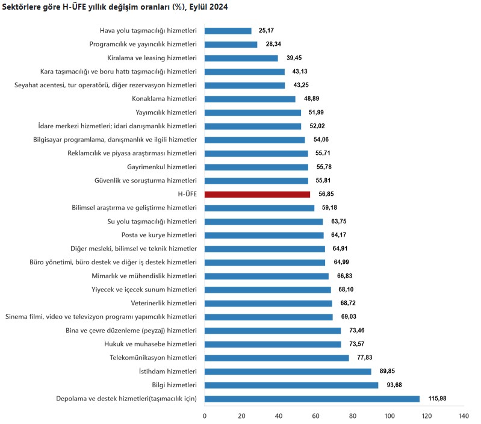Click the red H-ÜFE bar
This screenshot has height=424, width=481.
pyautogui.click(x=257, y=195)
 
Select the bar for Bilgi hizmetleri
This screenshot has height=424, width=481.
pyautogui.click(x=291, y=385)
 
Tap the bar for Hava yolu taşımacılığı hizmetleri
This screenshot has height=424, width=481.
pyautogui.click(x=228, y=31)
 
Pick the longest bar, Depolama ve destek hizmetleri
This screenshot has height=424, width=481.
pyautogui.click(x=312, y=399)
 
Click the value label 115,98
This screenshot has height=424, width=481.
pyautogui.click(x=438, y=399)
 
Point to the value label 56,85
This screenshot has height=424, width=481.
pyautogui.click(x=327, y=195)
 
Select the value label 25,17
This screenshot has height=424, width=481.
pyautogui.click(x=267, y=31)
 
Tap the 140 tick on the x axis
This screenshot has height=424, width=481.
pyautogui.click(x=464, y=416)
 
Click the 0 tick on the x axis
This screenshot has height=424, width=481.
pyautogui.click(x=205, y=416)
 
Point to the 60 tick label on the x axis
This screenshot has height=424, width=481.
pyautogui.click(x=315, y=416)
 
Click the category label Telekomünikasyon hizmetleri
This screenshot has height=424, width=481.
pyautogui.click(x=153, y=358)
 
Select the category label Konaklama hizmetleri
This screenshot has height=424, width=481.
pyautogui.click(x=164, y=99)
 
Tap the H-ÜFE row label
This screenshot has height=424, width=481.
pyautogui.click(x=187, y=195)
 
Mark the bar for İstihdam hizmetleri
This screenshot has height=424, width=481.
pyautogui.click(x=288, y=372)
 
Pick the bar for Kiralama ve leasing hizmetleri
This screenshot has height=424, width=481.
pyautogui.click(x=241, y=58)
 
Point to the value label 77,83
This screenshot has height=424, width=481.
pyautogui.click(x=365, y=358)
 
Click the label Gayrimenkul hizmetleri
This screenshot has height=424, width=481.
pyautogui.click(x=162, y=167)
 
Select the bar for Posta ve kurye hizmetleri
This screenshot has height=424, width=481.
pyautogui.click(x=264, y=235)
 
